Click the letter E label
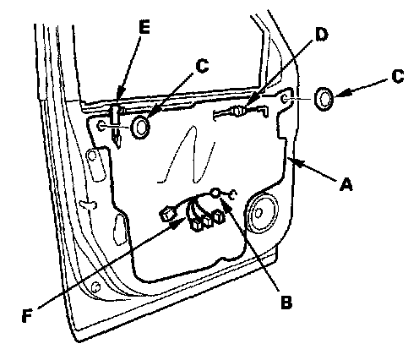[x=144, y=28]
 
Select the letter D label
[x=321, y=35]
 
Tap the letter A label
[x=346, y=184]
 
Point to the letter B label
[x=286, y=302]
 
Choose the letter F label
[x=27, y=315]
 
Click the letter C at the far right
[x=398, y=76]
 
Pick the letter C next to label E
[x=202, y=66]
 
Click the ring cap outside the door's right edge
[x=324, y=99]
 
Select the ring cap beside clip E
[x=140, y=127]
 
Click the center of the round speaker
[x=258, y=213]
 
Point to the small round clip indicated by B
[x=215, y=193]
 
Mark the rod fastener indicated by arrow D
[x=238, y=111]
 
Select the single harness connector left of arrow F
[x=167, y=215]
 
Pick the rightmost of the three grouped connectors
[x=218, y=216]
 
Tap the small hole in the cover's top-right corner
[x=285, y=98]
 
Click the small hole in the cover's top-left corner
[x=101, y=127]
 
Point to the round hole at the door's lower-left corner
[x=96, y=286]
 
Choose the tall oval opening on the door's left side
[x=119, y=230]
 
